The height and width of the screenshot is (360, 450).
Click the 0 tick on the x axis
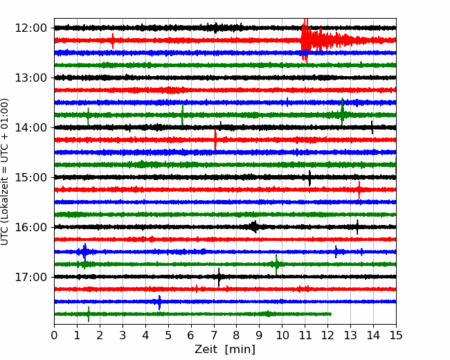click(54, 335)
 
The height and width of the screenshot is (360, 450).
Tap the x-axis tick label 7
click(214, 335)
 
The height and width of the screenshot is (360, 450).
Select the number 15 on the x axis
click(396, 335)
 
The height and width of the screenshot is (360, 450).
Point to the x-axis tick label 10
click(282, 335)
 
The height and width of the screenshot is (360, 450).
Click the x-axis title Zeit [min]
click(225, 350)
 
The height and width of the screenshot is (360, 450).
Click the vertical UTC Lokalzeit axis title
click(5, 172)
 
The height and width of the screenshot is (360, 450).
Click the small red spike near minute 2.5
click(113, 41)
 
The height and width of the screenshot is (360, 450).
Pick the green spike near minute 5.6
click(182, 115)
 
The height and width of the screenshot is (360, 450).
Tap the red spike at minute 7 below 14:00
click(215, 140)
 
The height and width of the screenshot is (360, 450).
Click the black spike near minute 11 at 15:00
click(309, 178)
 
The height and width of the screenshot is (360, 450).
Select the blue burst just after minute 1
click(84, 252)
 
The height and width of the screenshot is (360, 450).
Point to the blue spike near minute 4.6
click(159, 303)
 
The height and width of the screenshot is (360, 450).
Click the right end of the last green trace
click(331, 314)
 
